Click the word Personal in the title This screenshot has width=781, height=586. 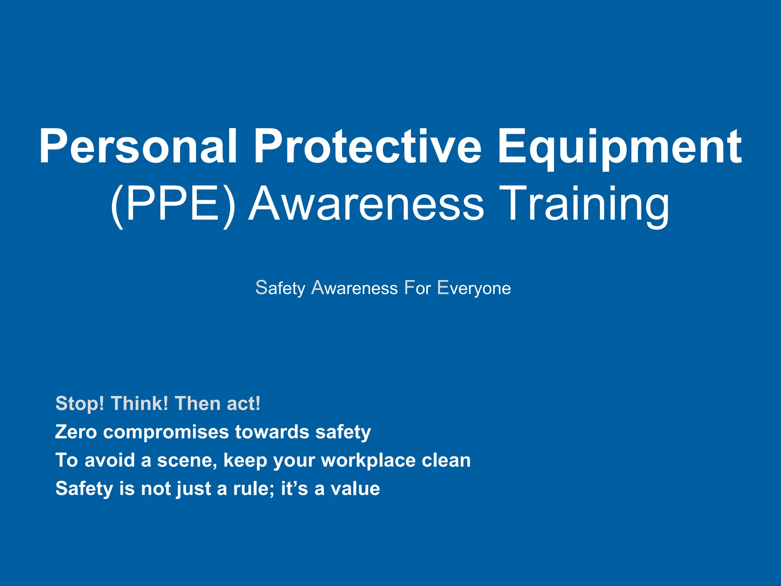coord(138,147)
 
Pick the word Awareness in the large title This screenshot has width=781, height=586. coord(366,204)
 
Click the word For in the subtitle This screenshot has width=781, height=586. coord(417,288)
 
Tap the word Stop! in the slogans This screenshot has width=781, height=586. coord(80,404)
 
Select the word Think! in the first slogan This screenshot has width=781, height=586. coord(140,404)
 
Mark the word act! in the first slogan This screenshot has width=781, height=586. coord(244,404)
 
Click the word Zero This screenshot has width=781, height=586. coord(76,432)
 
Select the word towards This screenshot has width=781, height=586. coord(272,432)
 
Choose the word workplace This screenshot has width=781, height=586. coord(368,460)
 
